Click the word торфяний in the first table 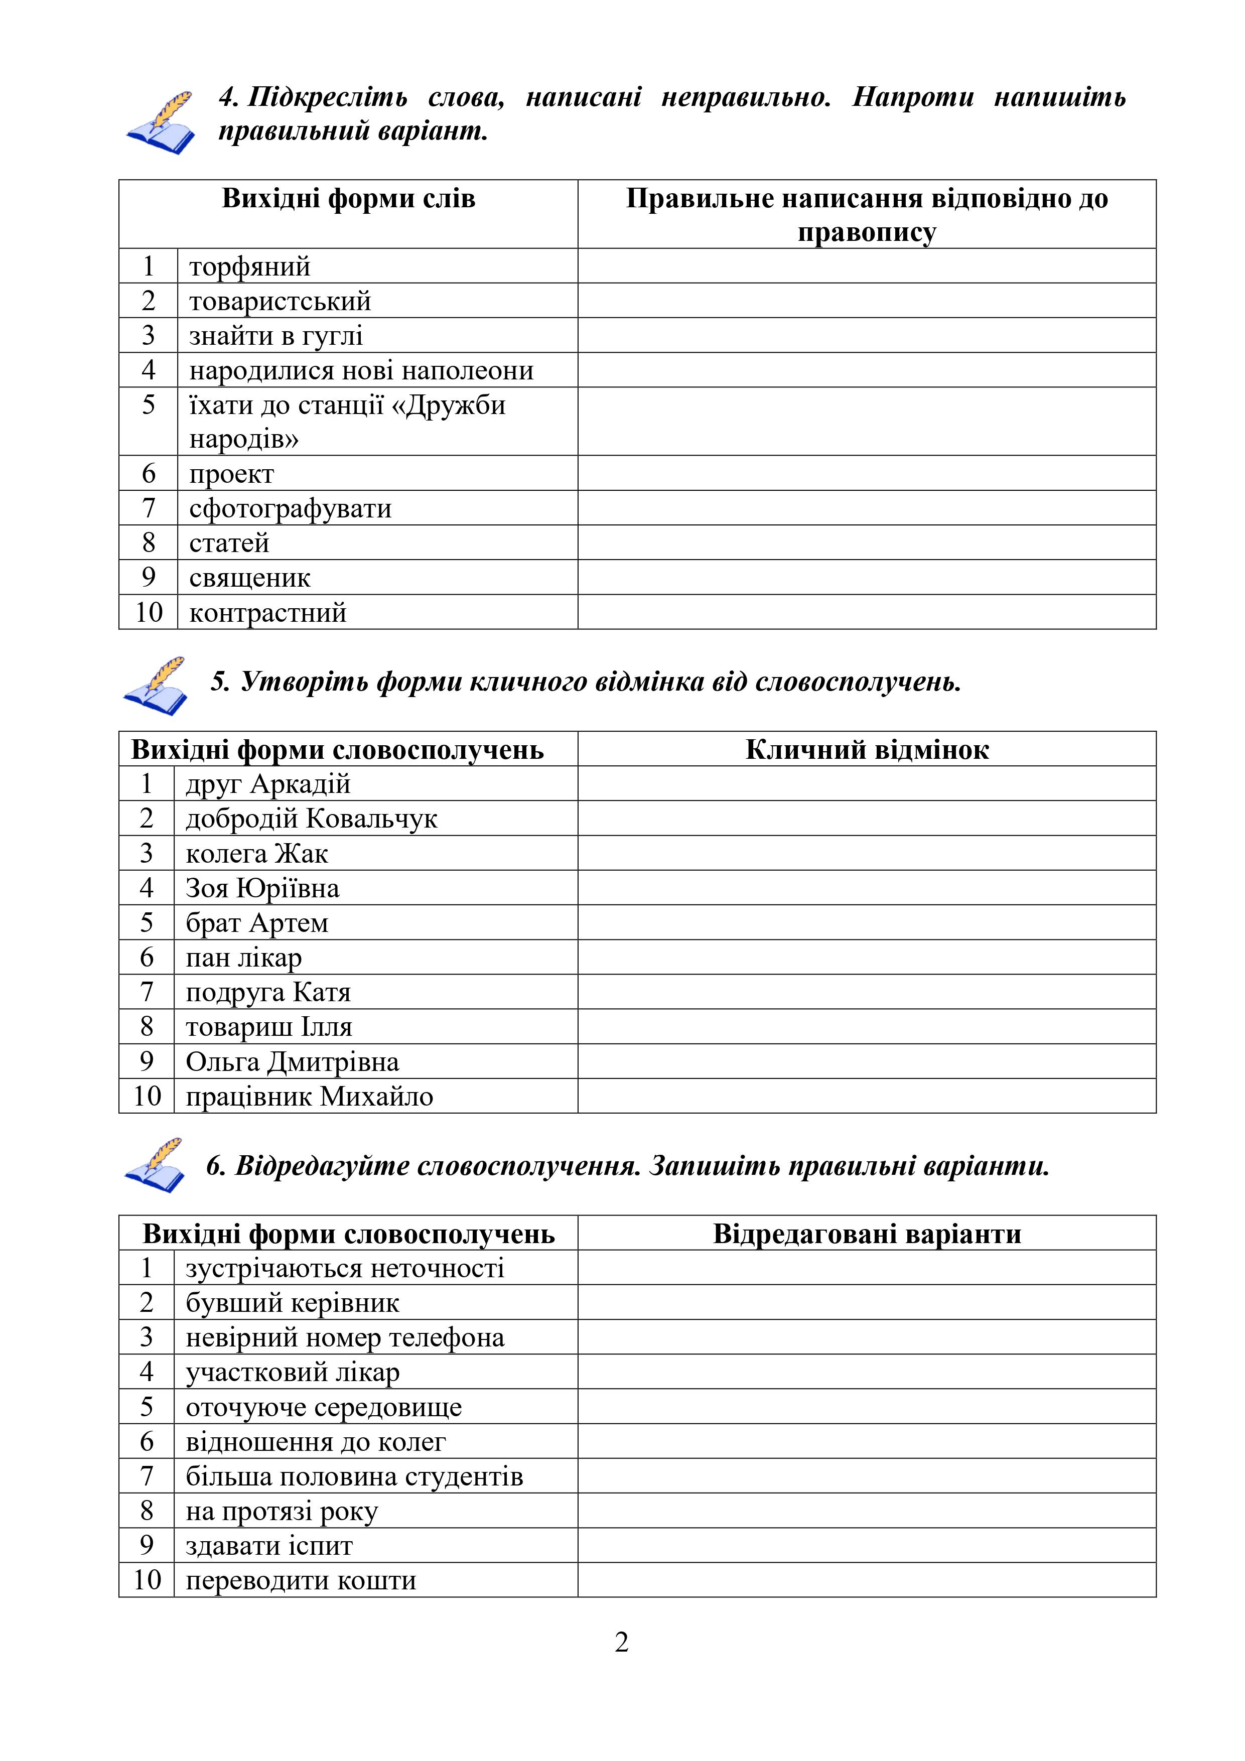point(249,267)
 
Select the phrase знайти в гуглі point(275,336)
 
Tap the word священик point(249,578)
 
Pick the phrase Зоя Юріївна point(262,888)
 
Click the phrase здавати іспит point(269,1546)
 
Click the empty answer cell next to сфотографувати point(867,508)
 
